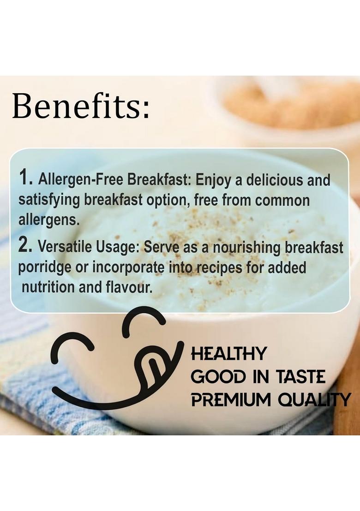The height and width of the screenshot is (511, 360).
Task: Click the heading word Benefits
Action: pyautogui.click(x=81, y=106)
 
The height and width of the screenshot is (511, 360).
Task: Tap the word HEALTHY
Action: pyautogui.click(x=228, y=354)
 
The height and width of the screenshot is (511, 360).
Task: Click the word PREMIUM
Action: pyautogui.click(x=231, y=399)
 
